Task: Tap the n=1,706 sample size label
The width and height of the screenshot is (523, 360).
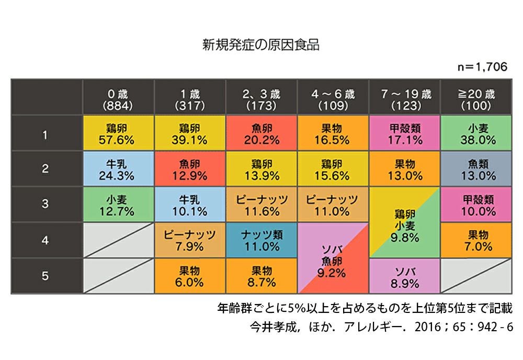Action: pyautogui.click(x=483, y=67)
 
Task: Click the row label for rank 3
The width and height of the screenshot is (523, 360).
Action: pyautogui.click(x=46, y=205)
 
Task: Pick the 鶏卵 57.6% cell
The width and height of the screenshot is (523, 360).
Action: pyautogui.click(x=118, y=133)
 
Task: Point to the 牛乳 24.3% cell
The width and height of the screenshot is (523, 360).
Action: pyautogui.click(x=118, y=169)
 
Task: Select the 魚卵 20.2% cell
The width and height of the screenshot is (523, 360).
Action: pyautogui.click(x=261, y=133)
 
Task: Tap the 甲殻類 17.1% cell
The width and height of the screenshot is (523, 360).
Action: pyautogui.click(x=405, y=133)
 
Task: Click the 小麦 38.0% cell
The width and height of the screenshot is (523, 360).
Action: pyautogui.click(x=476, y=133)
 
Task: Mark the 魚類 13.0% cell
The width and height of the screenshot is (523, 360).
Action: pyautogui.click(x=476, y=169)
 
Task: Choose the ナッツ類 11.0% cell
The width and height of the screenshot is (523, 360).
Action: pyautogui.click(x=261, y=240)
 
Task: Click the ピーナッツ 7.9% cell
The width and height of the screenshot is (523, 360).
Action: pyautogui.click(x=190, y=240)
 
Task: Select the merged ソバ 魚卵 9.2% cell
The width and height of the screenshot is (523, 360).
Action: pyautogui.click(x=333, y=258)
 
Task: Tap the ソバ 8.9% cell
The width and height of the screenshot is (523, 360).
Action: pyautogui.click(x=405, y=276)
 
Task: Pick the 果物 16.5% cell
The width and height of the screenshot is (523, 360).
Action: pyautogui.click(x=333, y=133)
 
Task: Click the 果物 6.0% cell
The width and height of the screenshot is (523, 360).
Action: pyautogui.click(x=190, y=276)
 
